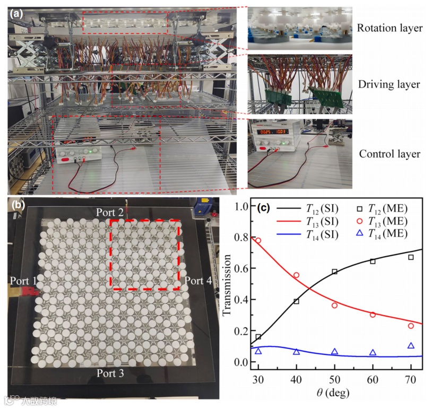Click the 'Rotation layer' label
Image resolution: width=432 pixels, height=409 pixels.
(x=390, y=28)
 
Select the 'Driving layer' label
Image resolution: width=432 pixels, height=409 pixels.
(x=390, y=84)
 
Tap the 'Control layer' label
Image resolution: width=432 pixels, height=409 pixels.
(x=390, y=154)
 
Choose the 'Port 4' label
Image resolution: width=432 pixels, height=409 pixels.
(x=198, y=280)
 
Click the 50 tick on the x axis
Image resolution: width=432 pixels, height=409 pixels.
(x=334, y=380)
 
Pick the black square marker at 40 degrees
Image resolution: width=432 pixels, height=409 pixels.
(x=296, y=301)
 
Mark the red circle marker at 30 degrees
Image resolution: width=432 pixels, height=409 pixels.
(x=258, y=240)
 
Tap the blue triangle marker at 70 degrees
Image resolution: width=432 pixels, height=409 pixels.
(x=411, y=346)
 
